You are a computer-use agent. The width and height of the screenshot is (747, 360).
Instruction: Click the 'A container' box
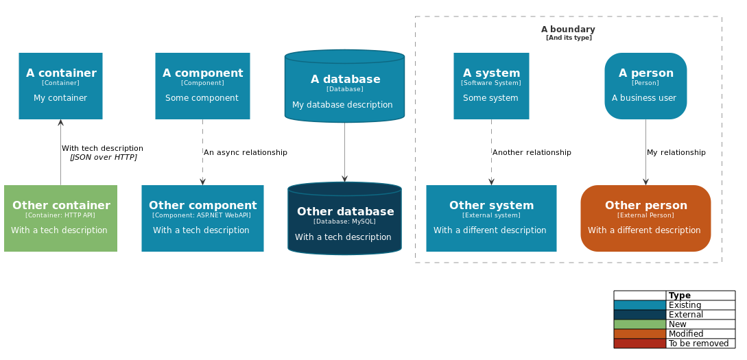[x=60, y=86]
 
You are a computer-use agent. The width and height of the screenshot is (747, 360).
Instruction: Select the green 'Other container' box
[x=60, y=219]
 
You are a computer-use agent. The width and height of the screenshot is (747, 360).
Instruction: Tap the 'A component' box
[x=202, y=86]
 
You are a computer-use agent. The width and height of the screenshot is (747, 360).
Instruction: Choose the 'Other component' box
[x=202, y=219]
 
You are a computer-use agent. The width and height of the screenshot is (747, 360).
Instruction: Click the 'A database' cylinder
[x=344, y=87]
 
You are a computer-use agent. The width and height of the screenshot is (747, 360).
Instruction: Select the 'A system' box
[x=491, y=86]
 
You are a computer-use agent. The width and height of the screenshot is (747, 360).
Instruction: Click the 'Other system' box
[x=491, y=218]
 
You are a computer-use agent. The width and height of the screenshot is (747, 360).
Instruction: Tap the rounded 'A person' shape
[x=645, y=86]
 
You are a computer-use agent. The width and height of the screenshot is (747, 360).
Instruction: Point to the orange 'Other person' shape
[x=645, y=218]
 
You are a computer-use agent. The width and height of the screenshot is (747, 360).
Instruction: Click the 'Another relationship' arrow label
[x=532, y=152]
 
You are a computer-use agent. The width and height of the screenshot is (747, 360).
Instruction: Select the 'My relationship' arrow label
[x=676, y=152]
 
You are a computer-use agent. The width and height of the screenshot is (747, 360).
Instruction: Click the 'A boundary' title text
[x=568, y=29]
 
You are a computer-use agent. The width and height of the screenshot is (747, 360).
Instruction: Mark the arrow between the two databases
[x=344, y=152]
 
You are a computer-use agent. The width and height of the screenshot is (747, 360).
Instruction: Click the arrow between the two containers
[x=60, y=152]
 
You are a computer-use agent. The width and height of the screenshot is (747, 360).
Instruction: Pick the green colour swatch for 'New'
[x=639, y=324]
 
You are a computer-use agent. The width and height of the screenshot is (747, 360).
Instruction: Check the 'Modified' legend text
[x=686, y=334]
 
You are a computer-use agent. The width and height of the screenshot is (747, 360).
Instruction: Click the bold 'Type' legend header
[x=680, y=296]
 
